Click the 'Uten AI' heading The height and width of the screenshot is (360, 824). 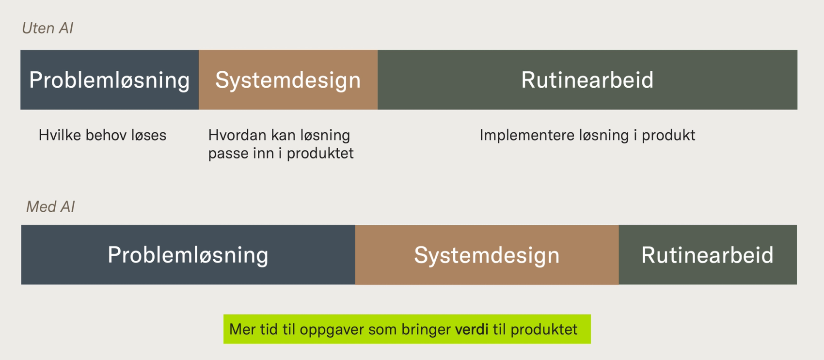pyautogui.click(x=48, y=28)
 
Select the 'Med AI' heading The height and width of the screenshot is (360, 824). pyautogui.click(x=50, y=207)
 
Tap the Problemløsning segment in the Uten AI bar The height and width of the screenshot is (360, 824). pyautogui.click(x=110, y=80)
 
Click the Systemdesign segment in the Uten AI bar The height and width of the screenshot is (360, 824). pyautogui.click(x=288, y=80)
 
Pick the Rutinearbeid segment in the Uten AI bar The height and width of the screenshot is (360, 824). pyautogui.click(x=587, y=80)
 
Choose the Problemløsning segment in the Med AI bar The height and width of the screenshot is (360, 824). pyautogui.click(x=188, y=255)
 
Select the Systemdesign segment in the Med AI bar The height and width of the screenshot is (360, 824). pyautogui.click(x=487, y=255)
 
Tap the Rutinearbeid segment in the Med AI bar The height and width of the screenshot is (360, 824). pyautogui.click(x=707, y=255)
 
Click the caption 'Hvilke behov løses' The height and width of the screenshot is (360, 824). pyautogui.click(x=102, y=135)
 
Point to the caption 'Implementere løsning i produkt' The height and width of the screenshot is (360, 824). pyautogui.click(x=587, y=135)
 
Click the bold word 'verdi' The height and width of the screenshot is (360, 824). pyautogui.click(x=472, y=329)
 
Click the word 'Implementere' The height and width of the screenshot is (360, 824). pyautogui.click(x=527, y=135)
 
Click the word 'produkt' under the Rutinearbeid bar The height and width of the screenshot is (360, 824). pyautogui.click(x=668, y=136)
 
